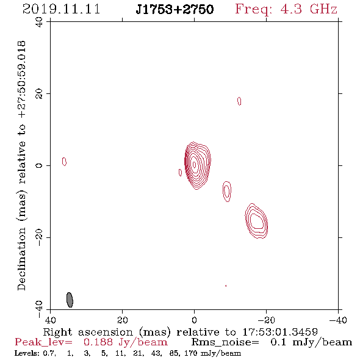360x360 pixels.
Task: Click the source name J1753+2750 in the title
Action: [175, 9]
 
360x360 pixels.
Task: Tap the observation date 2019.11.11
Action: [61, 9]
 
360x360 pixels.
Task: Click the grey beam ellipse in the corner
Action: [70, 300]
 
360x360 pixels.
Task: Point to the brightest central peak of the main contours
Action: [194, 164]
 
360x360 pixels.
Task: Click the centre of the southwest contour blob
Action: [256, 221]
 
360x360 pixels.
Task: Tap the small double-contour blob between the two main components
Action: [227, 191]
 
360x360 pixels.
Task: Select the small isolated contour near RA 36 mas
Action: [64, 162]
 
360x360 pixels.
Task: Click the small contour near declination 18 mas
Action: [239, 101]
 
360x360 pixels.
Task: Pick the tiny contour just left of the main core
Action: [180, 173]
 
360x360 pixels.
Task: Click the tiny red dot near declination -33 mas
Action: [226, 286]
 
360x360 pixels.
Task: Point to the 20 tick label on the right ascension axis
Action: [123, 320]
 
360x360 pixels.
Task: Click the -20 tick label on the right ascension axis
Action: [266, 320]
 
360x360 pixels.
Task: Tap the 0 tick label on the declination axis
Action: [39, 165]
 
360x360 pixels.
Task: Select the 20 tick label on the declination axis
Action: [39, 94]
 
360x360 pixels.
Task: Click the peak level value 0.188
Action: [98, 342]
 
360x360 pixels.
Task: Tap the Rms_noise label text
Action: [225, 342]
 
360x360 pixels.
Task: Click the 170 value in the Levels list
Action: [190, 353]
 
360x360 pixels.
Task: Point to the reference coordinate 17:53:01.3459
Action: [280, 332]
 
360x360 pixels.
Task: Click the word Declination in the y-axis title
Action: [21, 259]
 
